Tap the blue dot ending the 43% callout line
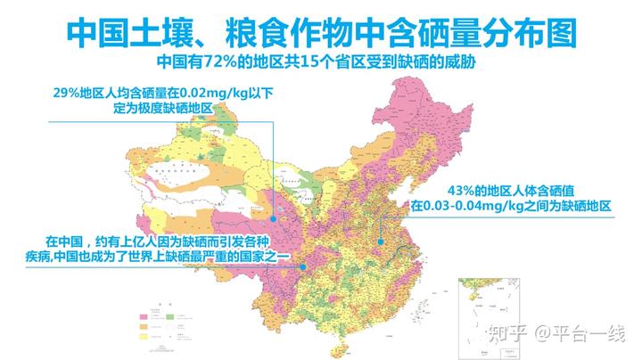(380, 241)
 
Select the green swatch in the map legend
(169, 315)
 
